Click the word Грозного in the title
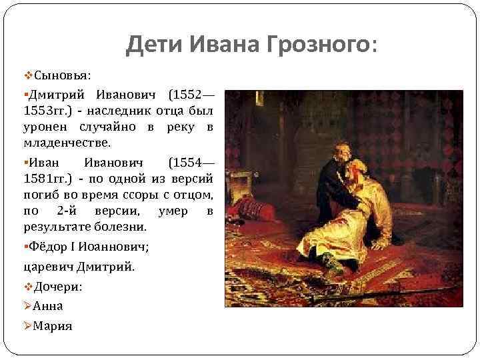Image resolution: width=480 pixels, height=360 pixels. click(318, 45)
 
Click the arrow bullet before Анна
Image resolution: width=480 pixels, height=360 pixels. click(27, 306)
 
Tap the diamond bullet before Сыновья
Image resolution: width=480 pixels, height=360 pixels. click(27, 73)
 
